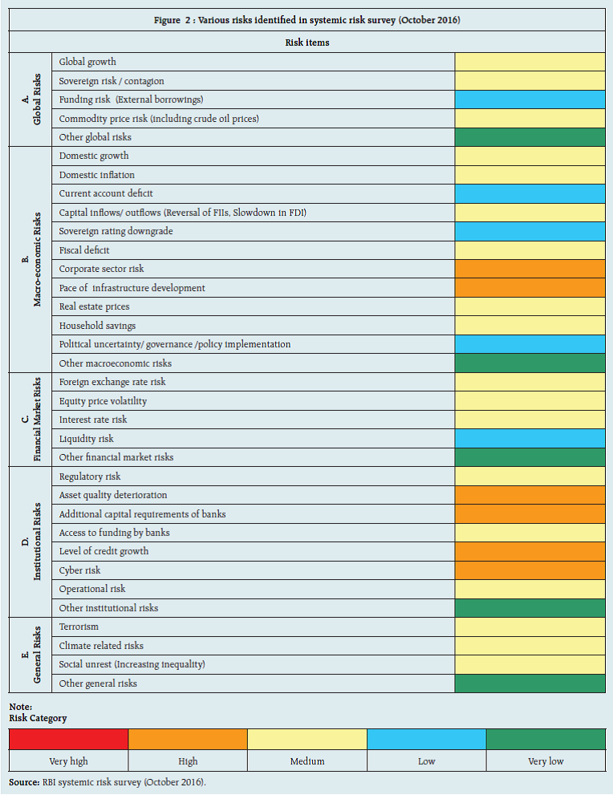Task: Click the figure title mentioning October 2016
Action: pos(306,20)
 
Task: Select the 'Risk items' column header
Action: pos(306,43)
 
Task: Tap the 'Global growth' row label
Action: pos(87,62)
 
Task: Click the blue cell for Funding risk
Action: pos(530,99)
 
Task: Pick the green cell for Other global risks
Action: pos(530,137)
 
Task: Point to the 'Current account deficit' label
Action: pos(106,193)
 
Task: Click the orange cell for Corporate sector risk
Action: pos(530,269)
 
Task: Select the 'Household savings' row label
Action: pos(97,326)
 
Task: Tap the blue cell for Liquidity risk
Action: pos(530,438)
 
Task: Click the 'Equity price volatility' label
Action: pos(103,401)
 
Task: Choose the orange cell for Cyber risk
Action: pos(530,570)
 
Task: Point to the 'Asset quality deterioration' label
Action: pos(113,495)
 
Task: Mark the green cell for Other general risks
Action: pos(530,683)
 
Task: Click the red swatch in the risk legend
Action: pos(68,739)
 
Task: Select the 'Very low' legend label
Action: pos(546,761)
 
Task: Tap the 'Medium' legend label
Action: pos(307,761)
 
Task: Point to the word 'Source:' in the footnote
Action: pos(24,781)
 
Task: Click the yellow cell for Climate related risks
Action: pos(530,646)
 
